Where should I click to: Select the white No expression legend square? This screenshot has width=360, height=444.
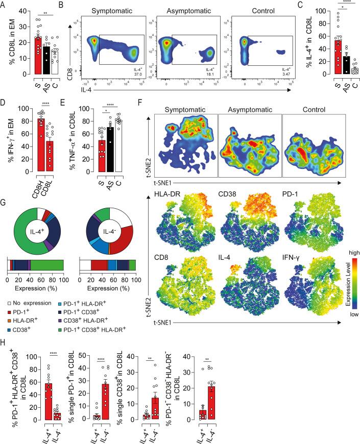[x=11, y=303]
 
